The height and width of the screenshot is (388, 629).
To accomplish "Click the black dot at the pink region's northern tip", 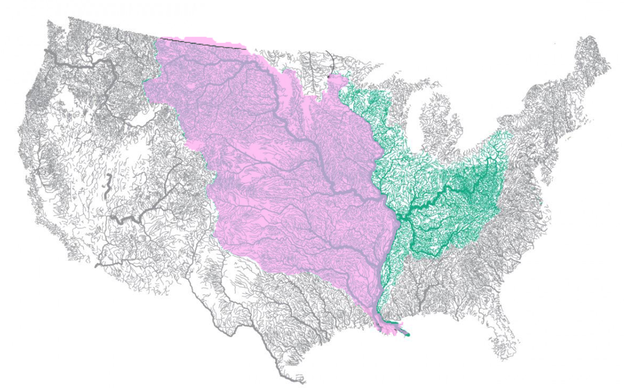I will (x=329, y=77).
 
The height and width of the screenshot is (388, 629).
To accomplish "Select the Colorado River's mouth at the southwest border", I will (x=97, y=266).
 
